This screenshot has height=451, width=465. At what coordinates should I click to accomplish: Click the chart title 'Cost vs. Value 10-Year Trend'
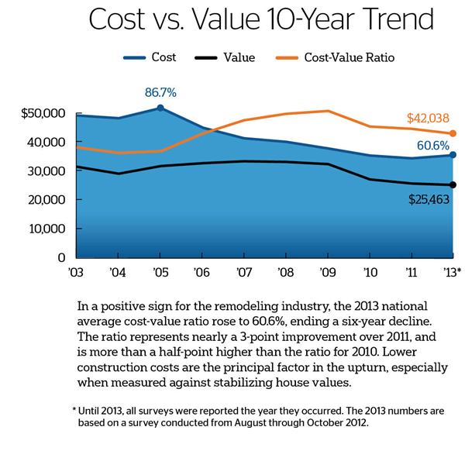(x=232, y=21)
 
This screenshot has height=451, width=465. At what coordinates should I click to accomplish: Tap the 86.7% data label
(x=160, y=93)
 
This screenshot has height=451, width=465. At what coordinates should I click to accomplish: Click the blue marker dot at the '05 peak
(x=160, y=108)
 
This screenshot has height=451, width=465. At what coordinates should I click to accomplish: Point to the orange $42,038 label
(x=428, y=119)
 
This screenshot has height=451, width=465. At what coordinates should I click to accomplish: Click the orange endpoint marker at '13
(x=453, y=133)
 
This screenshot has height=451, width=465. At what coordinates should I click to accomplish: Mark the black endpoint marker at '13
(x=453, y=184)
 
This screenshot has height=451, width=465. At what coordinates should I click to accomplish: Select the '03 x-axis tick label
(x=75, y=272)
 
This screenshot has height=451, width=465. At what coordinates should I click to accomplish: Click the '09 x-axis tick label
(x=327, y=272)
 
